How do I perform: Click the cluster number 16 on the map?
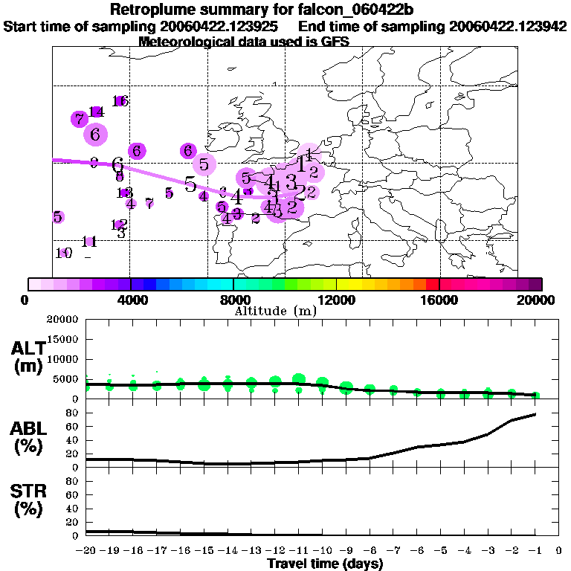(120, 101)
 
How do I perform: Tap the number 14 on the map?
(95, 112)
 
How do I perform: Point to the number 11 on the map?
(90, 242)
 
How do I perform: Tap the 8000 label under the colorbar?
(234, 300)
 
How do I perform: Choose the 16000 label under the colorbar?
(440, 300)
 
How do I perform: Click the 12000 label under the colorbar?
(337, 300)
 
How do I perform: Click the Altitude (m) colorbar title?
(275, 311)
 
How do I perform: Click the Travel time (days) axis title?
(325, 564)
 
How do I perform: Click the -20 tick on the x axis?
(86, 551)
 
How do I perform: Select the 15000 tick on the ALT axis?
(64, 339)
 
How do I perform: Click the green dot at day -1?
(535, 396)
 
